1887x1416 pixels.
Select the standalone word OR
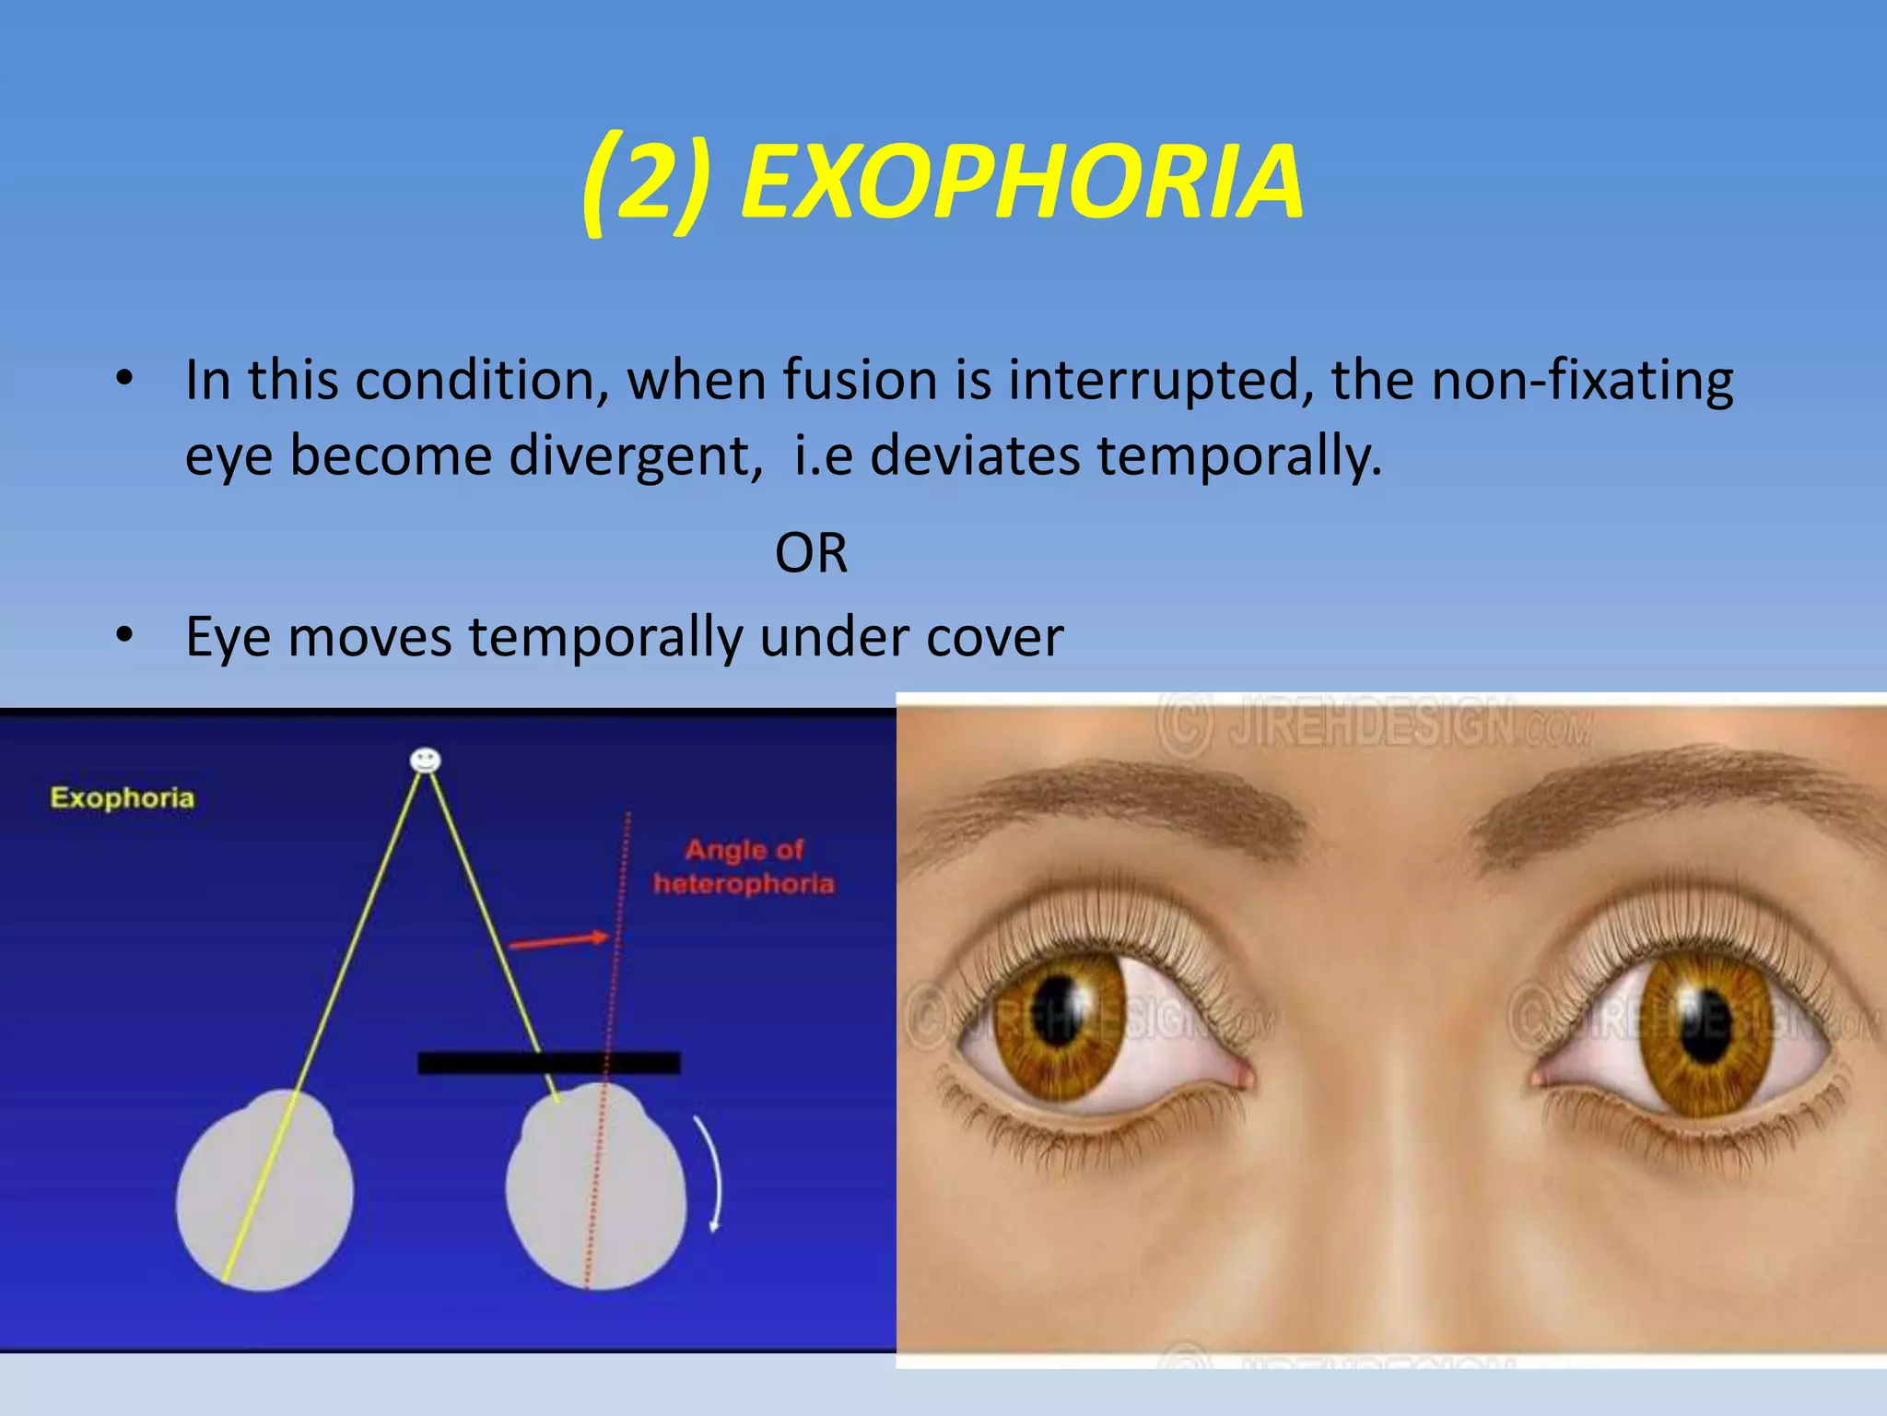pyautogui.click(x=811, y=553)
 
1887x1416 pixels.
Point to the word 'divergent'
pyautogui.click(x=635, y=455)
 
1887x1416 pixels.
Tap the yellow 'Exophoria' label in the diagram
pyautogui.click(x=122, y=797)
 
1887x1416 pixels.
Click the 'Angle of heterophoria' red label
pyautogui.click(x=744, y=867)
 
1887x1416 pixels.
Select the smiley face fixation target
pyautogui.click(x=425, y=761)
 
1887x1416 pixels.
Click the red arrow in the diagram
pyautogui.click(x=558, y=940)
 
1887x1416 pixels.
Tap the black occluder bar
pyautogui.click(x=549, y=1063)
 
